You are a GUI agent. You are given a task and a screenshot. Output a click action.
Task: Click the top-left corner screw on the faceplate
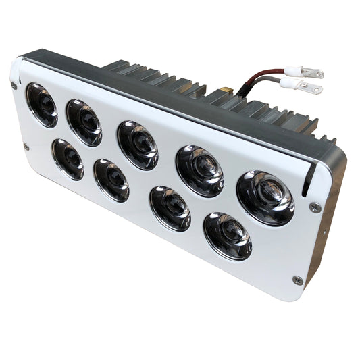point(14,85)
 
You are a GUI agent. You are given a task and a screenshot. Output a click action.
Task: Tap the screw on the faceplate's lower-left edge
point(26,146)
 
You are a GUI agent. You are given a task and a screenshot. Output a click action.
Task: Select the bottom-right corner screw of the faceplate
point(297,279)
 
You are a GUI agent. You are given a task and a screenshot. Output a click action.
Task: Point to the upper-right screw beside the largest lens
point(313,207)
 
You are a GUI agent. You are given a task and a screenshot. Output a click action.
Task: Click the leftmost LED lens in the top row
point(42,105)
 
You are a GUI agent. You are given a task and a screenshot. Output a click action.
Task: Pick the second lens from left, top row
point(84,122)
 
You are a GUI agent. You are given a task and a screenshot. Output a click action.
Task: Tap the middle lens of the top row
point(138,145)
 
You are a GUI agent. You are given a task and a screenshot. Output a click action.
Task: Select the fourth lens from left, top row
point(199,170)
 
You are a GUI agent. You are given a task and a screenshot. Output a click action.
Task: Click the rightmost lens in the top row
point(265,197)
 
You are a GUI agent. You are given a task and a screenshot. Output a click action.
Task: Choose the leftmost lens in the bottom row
point(68,159)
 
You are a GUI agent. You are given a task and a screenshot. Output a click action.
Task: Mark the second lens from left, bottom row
point(111,180)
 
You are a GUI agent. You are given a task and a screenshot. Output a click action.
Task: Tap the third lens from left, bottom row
point(170,208)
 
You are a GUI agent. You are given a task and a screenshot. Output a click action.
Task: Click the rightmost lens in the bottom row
point(228,236)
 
